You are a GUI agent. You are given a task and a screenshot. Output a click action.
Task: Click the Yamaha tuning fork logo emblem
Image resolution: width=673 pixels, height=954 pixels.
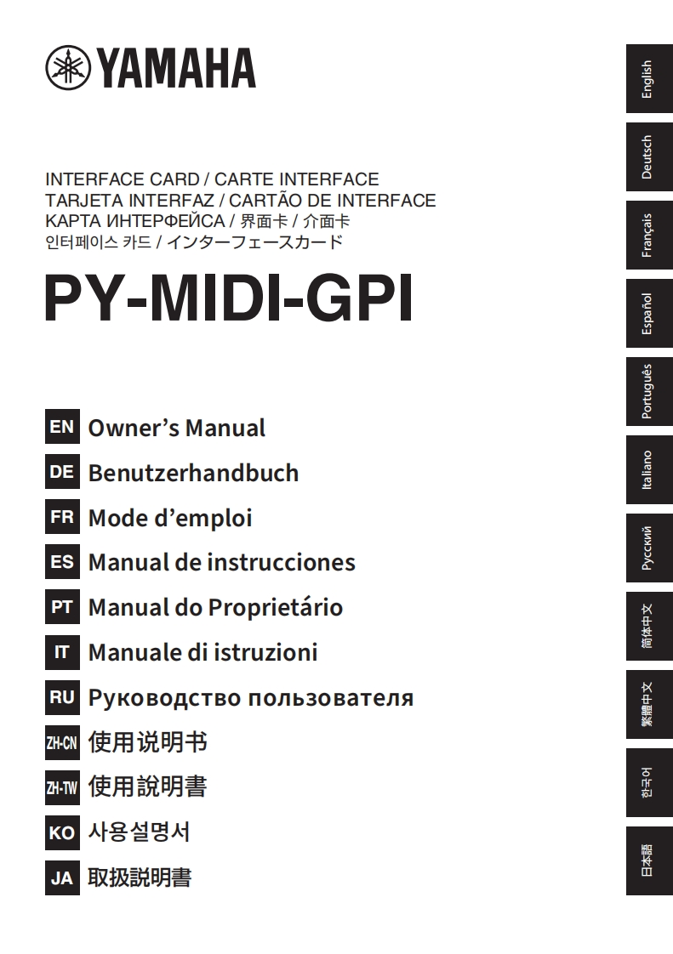(x=68, y=68)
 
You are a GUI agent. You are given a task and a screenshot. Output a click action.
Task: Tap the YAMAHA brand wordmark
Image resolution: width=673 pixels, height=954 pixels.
(x=177, y=68)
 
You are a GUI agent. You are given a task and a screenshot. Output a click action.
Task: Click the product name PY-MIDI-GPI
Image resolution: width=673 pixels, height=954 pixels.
(x=229, y=298)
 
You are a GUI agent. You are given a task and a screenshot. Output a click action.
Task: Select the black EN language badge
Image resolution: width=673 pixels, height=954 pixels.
(x=62, y=427)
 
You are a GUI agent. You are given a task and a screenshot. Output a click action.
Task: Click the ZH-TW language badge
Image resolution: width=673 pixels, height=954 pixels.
(x=62, y=788)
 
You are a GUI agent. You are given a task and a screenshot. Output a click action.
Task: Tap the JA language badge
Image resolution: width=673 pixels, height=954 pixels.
(x=62, y=878)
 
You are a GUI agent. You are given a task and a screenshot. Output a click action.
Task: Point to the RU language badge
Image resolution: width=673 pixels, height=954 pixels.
(x=62, y=697)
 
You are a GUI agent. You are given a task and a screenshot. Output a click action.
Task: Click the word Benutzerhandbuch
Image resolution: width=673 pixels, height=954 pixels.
(x=194, y=473)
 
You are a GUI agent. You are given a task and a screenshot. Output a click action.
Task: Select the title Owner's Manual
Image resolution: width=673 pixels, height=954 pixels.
(x=177, y=428)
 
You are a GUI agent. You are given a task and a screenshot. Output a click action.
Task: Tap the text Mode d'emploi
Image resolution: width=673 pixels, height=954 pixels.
(x=170, y=519)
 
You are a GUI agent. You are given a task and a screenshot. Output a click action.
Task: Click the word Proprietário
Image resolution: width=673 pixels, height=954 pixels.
(x=276, y=608)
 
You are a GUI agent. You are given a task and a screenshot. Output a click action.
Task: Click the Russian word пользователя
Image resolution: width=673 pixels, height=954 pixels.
(x=331, y=698)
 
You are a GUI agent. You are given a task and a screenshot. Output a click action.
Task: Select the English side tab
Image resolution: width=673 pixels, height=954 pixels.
(x=649, y=78)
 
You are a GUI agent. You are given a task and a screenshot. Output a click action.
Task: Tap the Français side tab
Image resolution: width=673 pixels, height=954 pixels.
(x=649, y=235)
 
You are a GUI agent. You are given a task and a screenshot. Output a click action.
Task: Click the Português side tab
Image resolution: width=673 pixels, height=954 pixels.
(x=649, y=391)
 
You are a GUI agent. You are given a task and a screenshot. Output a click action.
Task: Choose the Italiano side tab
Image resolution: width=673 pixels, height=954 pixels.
(x=649, y=469)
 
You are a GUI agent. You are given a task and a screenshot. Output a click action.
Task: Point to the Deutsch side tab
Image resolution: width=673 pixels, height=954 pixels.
(x=649, y=157)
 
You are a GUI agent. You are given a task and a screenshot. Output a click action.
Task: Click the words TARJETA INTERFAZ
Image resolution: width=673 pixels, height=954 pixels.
(x=129, y=201)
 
